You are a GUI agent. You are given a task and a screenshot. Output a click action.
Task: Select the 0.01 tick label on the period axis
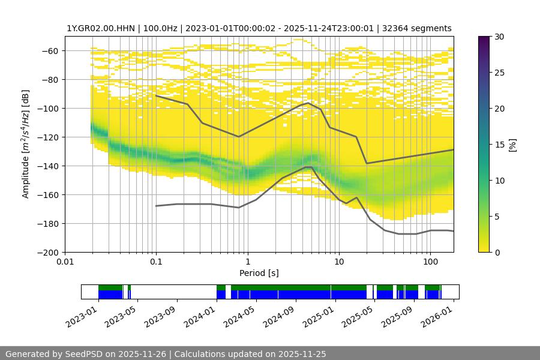65,261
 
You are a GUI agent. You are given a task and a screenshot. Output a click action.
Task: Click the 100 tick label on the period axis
430,261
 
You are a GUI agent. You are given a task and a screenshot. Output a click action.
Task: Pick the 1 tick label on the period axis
247,261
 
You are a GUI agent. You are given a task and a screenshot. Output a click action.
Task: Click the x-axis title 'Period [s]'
259,273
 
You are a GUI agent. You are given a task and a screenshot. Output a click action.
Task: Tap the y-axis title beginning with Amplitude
26,144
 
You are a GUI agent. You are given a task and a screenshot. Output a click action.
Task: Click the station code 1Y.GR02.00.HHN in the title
100,28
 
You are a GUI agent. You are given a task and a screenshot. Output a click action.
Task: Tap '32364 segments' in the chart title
417,28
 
